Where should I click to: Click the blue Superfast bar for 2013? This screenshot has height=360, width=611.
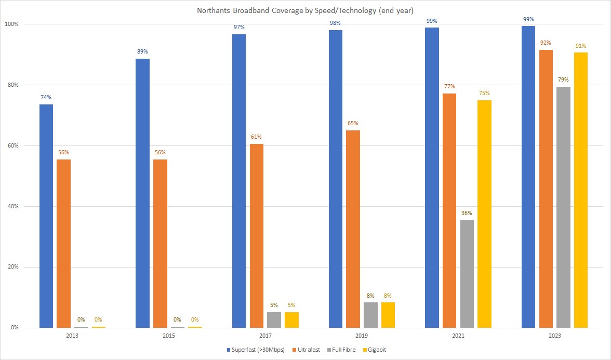(x=46, y=216)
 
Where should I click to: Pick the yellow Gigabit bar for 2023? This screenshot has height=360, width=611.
(x=581, y=190)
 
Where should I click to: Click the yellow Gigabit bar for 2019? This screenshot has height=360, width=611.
(x=388, y=315)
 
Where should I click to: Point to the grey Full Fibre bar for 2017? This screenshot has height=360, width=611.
(x=274, y=319)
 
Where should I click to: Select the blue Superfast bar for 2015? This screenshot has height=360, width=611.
(x=142, y=193)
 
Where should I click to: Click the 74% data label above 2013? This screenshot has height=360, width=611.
(x=46, y=97)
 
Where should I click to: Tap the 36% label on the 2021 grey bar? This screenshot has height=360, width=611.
(x=467, y=213)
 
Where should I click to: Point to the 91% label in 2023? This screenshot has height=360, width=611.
(x=581, y=46)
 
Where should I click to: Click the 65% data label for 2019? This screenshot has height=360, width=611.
(x=353, y=123)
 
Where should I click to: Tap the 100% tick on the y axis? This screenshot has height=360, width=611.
(x=11, y=24)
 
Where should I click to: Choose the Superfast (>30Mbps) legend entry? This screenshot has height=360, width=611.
(x=255, y=350)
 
